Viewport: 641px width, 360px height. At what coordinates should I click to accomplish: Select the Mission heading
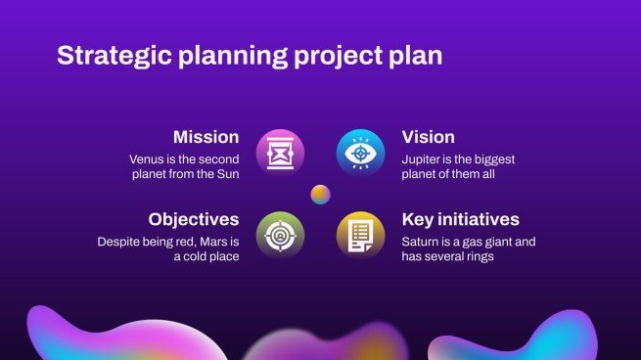tap(206, 137)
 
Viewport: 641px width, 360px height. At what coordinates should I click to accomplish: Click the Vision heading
tap(429, 137)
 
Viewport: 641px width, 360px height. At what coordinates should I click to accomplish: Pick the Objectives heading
tap(194, 219)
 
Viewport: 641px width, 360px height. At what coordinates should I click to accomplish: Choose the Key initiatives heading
tap(460, 219)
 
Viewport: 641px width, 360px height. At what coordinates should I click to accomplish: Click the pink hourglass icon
tap(280, 153)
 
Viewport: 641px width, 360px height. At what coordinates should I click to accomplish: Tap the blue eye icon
tap(361, 153)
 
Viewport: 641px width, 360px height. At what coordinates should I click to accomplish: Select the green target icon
tap(280, 235)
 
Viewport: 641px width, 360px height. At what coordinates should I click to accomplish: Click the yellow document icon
tap(361, 235)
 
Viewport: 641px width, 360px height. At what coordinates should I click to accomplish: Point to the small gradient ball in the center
tap(320, 194)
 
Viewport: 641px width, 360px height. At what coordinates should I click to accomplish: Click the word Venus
tap(147, 158)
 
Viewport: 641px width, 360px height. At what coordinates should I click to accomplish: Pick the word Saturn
tap(422, 241)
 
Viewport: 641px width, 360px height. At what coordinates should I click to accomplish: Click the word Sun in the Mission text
tap(227, 174)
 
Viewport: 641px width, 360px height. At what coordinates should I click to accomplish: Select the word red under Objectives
tap(178, 241)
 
